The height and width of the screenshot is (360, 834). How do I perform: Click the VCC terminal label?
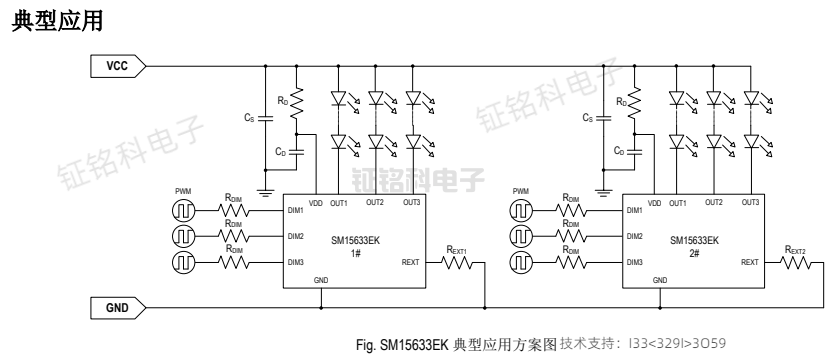[118, 66]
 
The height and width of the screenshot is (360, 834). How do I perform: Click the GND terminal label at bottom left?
[118, 307]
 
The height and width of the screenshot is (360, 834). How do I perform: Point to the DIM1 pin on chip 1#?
[295, 211]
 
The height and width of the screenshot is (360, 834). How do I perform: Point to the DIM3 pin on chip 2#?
[633, 263]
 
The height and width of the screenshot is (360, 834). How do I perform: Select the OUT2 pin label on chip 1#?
[375, 203]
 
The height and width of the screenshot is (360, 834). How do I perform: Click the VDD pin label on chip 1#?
[316, 203]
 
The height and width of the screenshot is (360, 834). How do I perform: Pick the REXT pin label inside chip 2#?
[750, 263]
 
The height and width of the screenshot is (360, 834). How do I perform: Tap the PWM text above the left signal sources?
[183, 191]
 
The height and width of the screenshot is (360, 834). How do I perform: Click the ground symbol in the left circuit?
[266, 189]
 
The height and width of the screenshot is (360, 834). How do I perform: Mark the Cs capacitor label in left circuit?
[249, 118]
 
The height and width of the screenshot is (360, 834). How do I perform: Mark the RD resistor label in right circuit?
[622, 101]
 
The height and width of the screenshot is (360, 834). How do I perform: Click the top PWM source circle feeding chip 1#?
[184, 211]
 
